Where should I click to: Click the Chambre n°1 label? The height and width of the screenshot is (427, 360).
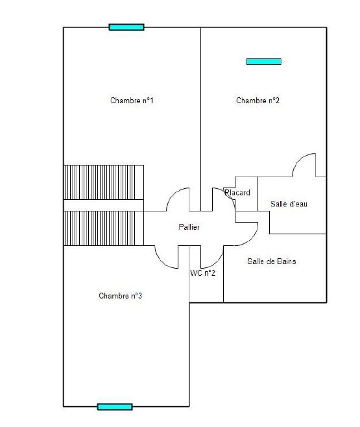click(132, 101)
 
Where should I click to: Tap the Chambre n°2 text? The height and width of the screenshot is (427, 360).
click(258, 101)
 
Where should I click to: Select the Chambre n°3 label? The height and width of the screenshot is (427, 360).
click(120, 296)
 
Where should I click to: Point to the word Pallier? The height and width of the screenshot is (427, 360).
click(189, 227)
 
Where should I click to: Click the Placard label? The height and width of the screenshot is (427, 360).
click(237, 193)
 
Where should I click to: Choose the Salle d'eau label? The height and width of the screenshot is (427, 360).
click(289, 204)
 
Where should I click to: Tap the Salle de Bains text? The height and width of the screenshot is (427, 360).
click(272, 262)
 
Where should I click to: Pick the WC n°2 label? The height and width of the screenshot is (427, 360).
click(203, 273)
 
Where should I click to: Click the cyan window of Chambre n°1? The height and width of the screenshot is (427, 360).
click(126, 27)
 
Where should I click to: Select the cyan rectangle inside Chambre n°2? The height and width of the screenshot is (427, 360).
click(264, 62)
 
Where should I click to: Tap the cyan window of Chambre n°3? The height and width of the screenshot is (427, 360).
click(115, 407)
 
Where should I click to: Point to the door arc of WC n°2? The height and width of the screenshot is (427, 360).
click(217, 262)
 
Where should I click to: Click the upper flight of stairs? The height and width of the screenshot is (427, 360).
click(103, 182)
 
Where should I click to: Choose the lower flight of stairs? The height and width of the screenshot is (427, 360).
click(103, 228)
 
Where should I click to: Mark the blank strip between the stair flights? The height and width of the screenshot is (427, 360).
click(103, 205)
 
